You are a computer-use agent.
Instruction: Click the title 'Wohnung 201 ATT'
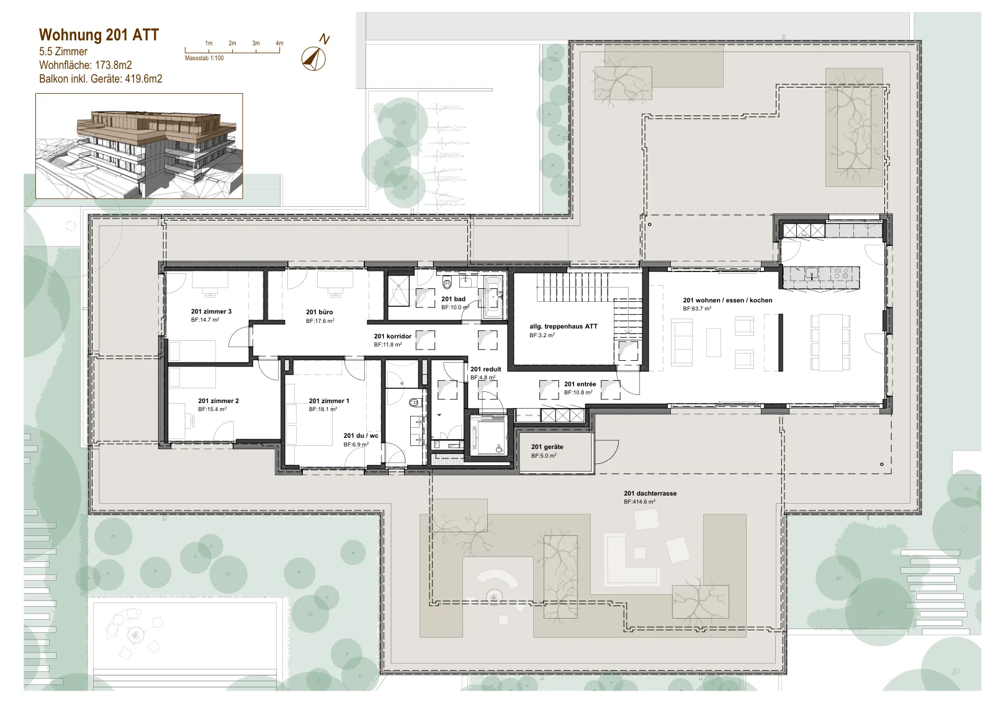(99, 35)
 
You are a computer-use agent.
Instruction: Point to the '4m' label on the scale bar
(279, 43)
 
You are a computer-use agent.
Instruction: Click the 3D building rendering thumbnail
(139, 146)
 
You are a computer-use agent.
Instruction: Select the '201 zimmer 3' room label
(212, 311)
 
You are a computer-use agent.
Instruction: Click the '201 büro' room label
(319, 312)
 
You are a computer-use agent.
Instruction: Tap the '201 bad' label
(453, 299)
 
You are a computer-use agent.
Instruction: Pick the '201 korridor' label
(393, 336)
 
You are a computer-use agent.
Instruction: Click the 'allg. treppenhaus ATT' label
(564, 327)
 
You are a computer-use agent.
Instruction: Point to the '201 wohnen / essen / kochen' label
(727, 301)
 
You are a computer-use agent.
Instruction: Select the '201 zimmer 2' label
(218, 401)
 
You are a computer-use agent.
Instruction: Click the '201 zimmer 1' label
(329, 401)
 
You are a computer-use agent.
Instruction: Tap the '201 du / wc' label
(361, 435)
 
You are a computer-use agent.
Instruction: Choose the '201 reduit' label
(486, 369)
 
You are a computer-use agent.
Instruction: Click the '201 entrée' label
(580, 384)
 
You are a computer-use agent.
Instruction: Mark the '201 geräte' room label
(547, 447)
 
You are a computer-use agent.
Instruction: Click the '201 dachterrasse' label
(650, 493)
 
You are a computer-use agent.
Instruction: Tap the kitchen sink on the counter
(812, 273)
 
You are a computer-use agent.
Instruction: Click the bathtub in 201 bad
(493, 297)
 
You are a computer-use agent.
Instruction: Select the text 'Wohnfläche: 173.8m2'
(86, 65)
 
